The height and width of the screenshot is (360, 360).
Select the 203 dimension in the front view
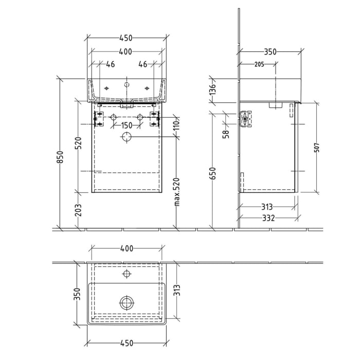point(79,210)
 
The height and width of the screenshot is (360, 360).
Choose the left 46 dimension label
point(110,64)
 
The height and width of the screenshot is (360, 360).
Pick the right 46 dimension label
point(143,64)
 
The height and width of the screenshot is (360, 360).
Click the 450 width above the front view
point(126,38)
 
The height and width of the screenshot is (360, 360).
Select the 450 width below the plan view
point(126,343)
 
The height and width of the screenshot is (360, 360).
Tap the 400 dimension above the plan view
point(126,248)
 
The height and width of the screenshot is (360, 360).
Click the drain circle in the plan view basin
point(126,302)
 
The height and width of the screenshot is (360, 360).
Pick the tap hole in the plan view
point(126,274)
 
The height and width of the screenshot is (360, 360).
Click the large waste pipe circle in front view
point(126,137)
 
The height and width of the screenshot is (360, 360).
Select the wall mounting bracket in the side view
point(247,119)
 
